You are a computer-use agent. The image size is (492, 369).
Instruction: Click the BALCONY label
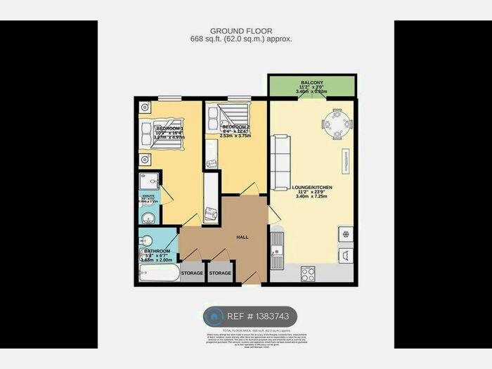tap(312, 82)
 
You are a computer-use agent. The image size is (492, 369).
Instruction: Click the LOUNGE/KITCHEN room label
tap(313, 187)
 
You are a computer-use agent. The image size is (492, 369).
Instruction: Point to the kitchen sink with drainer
tap(277, 250)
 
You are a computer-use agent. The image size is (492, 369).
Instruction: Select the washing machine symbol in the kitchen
tap(346, 256)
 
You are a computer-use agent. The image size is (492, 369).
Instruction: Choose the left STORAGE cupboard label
tap(192, 273)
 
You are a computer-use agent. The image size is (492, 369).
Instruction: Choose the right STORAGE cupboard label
tap(220, 273)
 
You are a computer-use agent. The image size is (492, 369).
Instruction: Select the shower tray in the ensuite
tap(148, 181)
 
